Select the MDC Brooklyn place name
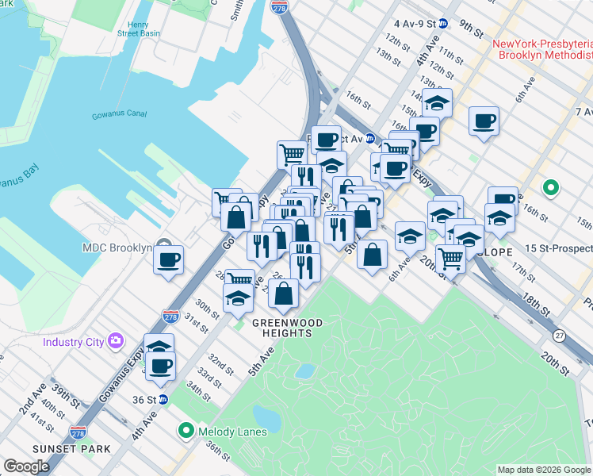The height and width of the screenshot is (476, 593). [117, 248]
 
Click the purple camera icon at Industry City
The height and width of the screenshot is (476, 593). [117, 342]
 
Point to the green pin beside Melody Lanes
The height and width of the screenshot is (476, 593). [186, 431]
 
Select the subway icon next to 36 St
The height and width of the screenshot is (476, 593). [163, 399]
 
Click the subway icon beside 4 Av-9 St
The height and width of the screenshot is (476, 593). [444, 24]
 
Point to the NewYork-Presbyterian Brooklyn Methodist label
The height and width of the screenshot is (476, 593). [542, 49]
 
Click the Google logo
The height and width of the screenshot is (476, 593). [26, 466]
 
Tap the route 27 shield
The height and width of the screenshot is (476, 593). [559, 335]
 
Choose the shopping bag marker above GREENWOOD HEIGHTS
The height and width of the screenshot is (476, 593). [283, 294]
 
